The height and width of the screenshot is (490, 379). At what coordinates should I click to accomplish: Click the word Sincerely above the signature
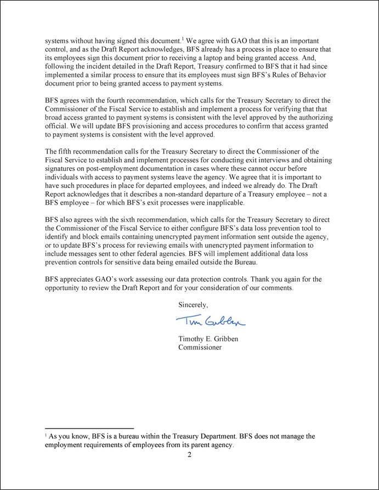[x=193, y=304]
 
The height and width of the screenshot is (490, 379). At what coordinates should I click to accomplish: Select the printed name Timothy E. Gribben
[x=208, y=339]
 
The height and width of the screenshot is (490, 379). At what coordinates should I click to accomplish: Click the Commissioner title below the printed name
[x=200, y=347]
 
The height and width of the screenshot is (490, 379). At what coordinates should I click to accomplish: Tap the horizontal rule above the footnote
[x=89, y=428]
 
